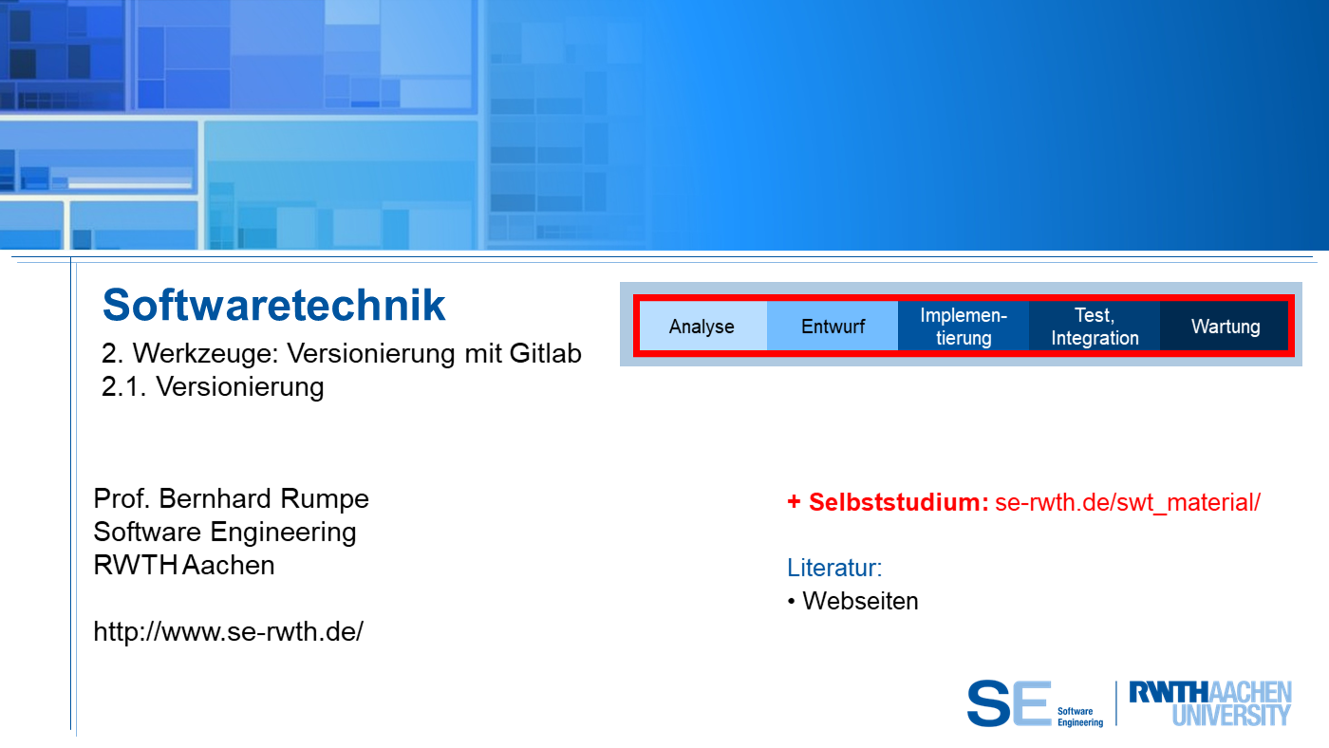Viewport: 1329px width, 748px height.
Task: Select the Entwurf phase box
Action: [833, 326]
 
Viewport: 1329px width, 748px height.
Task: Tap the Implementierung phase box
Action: [964, 326]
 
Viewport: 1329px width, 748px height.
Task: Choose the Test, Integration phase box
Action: [1095, 326]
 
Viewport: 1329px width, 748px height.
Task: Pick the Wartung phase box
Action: [1225, 326]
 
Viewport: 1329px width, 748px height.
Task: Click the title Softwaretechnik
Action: [273, 305]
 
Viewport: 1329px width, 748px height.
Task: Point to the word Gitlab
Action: [545, 353]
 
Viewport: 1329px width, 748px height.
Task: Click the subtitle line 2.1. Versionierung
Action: [213, 386]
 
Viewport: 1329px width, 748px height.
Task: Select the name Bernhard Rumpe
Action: [264, 498]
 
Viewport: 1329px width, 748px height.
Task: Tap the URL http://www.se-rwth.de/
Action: [229, 631]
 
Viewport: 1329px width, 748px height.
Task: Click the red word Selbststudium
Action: [898, 502]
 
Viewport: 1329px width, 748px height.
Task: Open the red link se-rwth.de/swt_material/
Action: [1128, 502]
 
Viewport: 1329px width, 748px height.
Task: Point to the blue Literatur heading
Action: [834, 568]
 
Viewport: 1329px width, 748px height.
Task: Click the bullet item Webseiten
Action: [860, 601]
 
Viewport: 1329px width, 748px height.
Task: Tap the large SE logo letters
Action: [1008, 703]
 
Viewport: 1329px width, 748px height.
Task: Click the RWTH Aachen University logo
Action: [1210, 703]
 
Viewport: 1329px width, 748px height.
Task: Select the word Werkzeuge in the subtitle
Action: [205, 353]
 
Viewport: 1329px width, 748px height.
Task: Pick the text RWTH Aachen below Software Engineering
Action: [184, 565]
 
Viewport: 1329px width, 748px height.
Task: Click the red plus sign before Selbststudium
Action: [794, 502]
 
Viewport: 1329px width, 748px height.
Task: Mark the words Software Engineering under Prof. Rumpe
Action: [225, 533]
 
